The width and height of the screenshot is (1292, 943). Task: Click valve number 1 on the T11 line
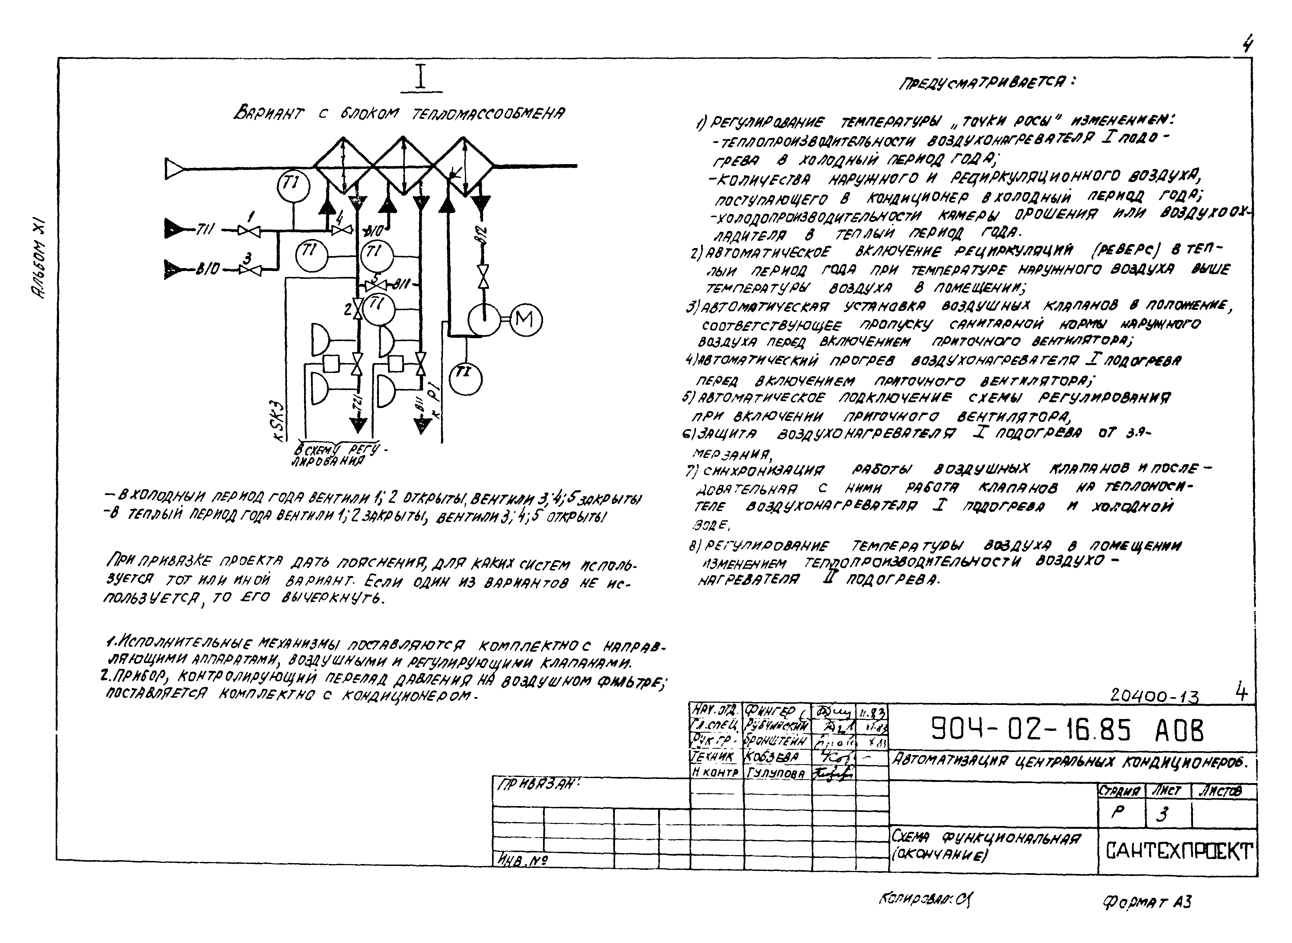pos(249,231)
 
